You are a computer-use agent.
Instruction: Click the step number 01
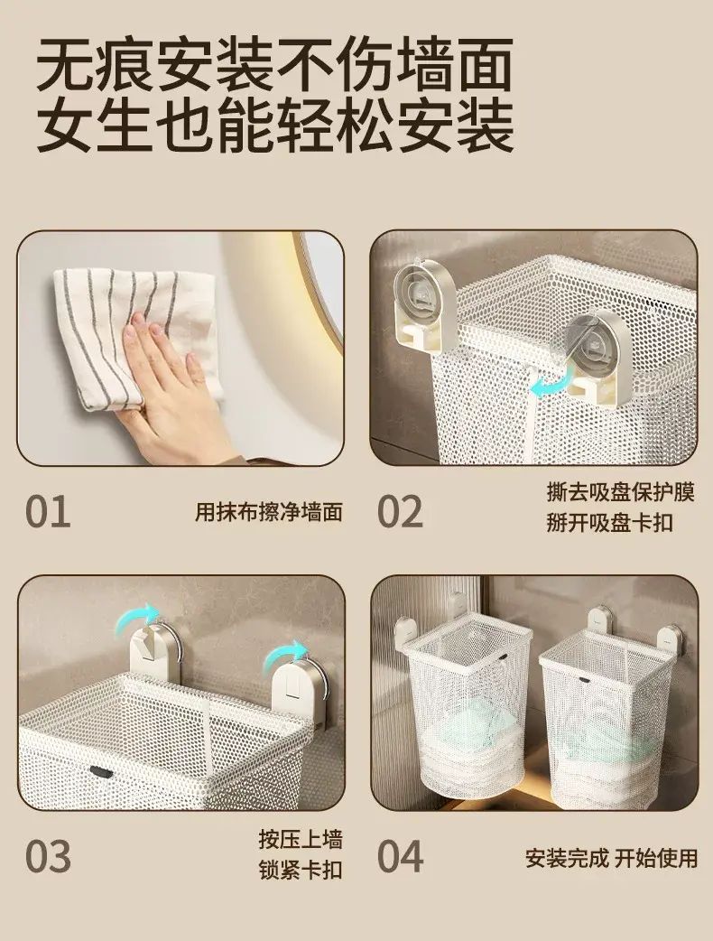(48, 511)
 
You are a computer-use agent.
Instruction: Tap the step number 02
(400, 511)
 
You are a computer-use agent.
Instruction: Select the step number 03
(48, 856)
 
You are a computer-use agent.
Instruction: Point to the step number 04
(400, 856)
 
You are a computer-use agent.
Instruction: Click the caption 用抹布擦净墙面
(269, 512)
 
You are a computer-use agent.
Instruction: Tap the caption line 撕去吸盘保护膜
(621, 492)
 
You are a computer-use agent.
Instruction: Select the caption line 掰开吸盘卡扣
(609, 523)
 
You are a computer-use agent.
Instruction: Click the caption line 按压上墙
(301, 839)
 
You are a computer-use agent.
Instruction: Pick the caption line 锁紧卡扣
(301, 870)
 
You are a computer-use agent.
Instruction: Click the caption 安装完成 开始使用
(612, 858)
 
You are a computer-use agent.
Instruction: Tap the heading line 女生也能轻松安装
(275, 126)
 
